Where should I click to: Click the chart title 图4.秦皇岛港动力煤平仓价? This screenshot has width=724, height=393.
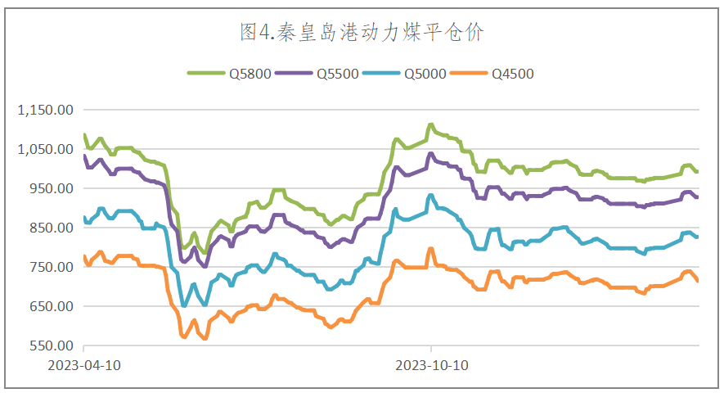tap(362, 32)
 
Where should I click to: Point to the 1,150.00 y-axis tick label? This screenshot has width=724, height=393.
tap(46, 110)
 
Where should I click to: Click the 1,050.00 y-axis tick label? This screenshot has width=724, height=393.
tap(46, 149)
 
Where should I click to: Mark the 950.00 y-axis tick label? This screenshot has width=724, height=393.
tap(52, 188)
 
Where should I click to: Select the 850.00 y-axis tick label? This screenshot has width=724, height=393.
tap(52, 228)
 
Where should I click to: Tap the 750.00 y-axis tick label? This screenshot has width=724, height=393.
tap(52, 267)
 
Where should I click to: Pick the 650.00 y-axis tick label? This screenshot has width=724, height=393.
tap(52, 306)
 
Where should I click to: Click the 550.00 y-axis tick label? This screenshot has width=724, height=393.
tap(52, 346)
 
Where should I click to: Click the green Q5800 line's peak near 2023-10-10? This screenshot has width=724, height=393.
tap(430, 125)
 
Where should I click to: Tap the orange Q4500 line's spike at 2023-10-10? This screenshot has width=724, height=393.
tap(430, 248)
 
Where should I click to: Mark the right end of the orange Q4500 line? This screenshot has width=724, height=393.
tap(698, 281)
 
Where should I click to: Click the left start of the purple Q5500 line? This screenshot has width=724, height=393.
tap(84, 156)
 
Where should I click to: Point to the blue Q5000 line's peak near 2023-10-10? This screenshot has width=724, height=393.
tap(430, 195)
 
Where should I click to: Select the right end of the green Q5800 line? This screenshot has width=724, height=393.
tap(698, 171)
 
